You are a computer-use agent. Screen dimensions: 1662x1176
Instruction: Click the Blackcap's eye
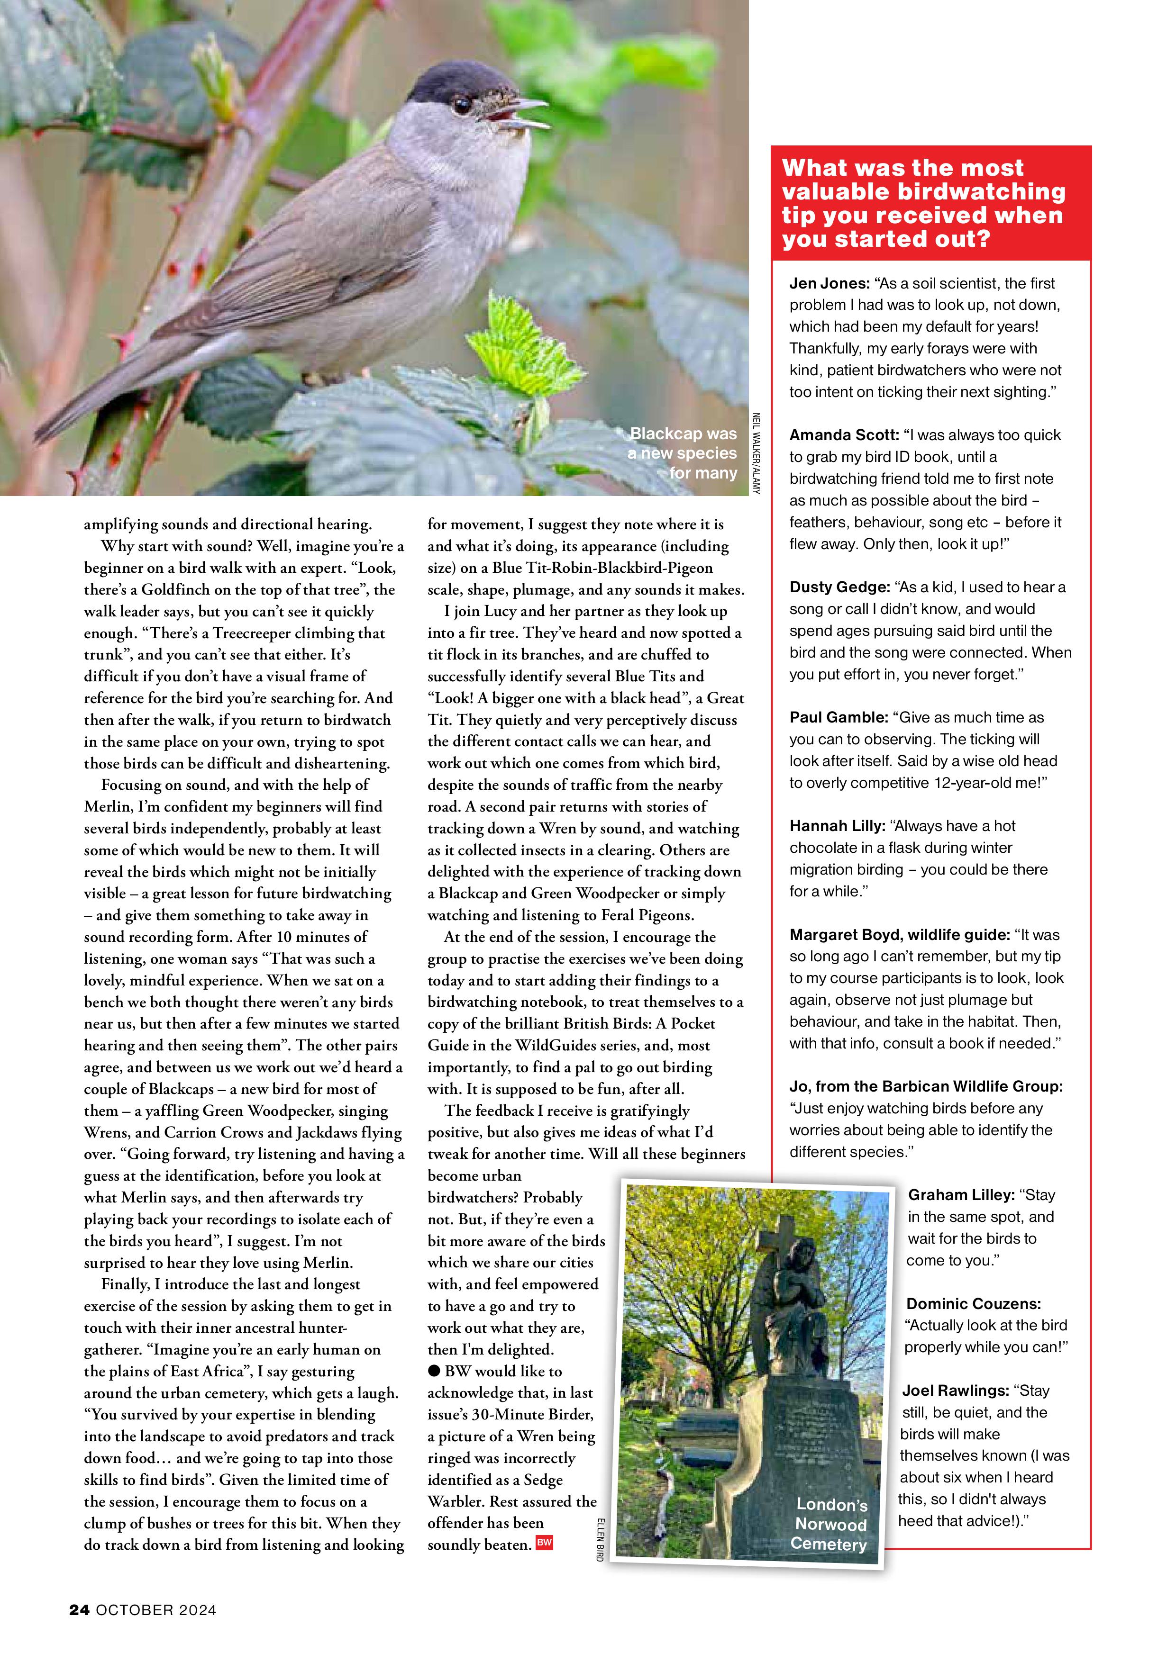point(461,107)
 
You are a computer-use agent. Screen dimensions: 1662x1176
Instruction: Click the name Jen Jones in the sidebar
point(829,284)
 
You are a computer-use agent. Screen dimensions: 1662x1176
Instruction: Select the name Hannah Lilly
point(834,826)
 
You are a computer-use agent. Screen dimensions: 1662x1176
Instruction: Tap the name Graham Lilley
point(961,1195)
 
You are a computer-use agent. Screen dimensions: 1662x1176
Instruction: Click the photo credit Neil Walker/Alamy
point(756,453)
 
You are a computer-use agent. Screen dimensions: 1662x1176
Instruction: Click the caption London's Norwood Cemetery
point(830,1525)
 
